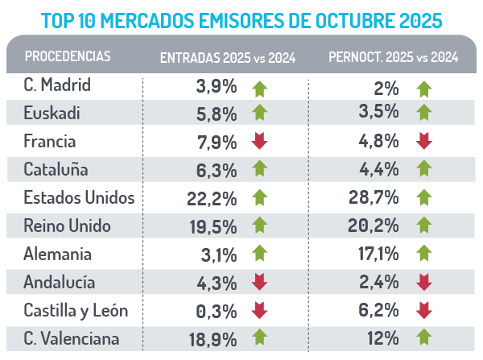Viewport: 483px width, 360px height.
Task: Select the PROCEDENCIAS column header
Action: pyautogui.click(x=68, y=56)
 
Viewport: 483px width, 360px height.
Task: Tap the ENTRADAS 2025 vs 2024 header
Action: pyautogui.click(x=228, y=57)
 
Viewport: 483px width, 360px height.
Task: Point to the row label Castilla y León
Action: pyautogui.click(x=76, y=310)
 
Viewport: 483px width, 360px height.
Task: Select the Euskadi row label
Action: pyautogui.click(x=53, y=113)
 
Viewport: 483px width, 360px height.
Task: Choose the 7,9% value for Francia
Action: pyautogui.click(x=217, y=142)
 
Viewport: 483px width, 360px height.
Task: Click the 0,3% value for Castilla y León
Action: pyautogui.click(x=217, y=311)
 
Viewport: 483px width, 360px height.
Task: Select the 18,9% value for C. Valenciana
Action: pyautogui.click(x=214, y=339)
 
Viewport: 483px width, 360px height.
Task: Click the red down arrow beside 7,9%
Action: pyautogui.click(x=259, y=142)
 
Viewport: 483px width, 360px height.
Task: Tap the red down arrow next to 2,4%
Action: pyautogui.click(x=424, y=283)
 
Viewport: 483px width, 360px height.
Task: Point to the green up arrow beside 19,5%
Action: pyautogui.click(x=259, y=226)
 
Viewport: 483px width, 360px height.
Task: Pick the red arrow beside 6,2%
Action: pyautogui.click(x=424, y=311)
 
